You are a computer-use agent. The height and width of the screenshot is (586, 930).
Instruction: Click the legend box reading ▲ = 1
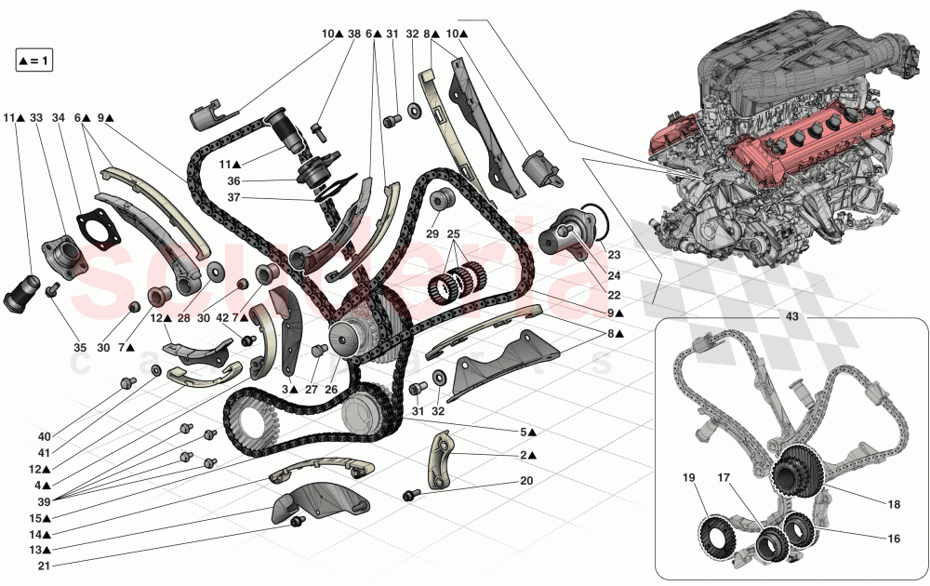click(x=35, y=61)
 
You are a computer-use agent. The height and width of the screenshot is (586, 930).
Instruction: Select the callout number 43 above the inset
click(x=792, y=315)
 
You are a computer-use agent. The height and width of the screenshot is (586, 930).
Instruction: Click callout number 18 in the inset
click(x=894, y=505)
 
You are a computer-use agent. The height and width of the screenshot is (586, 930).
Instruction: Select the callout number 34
click(x=60, y=118)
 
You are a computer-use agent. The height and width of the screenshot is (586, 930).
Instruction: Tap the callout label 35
click(x=80, y=347)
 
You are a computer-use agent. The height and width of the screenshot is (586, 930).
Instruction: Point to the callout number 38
click(x=353, y=33)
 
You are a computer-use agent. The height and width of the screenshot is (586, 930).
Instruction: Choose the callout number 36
click(x=233, y=181)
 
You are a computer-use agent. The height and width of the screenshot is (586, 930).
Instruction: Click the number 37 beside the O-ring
click(x=233, y=197)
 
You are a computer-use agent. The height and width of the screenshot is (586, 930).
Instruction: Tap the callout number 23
click(x=614, y=253)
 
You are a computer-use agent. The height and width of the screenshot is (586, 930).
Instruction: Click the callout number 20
click(x=526, y=481)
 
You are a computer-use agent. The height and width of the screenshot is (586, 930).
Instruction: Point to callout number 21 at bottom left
click(x=45, y=566)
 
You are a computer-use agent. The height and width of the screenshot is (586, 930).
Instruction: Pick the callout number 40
click(x=45, y=436)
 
